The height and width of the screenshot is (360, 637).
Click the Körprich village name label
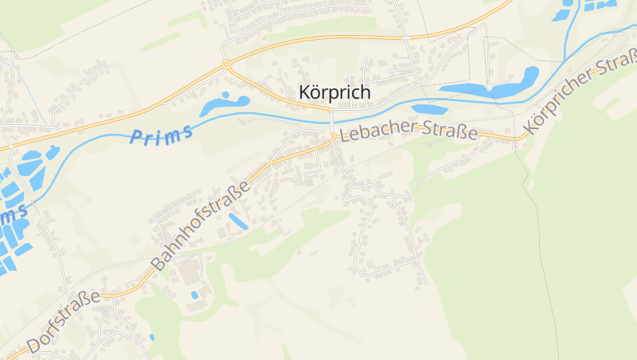point(334,92)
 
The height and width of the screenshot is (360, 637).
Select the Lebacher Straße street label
point(408,133)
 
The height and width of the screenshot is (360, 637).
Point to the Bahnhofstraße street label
point(201,225)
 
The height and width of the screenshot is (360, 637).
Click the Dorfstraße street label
point(63,322)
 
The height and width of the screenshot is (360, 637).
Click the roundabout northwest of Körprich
point(227,64)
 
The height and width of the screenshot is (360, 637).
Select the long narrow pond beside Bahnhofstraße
point(238,221)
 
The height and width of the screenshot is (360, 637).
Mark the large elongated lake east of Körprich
point(487,87)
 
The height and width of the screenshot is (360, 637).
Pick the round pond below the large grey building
point(194,295)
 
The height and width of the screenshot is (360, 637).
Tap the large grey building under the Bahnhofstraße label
point(190,274)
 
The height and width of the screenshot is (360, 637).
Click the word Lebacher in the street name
point(373,134)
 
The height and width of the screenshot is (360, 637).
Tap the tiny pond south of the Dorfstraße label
point(152,337)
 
